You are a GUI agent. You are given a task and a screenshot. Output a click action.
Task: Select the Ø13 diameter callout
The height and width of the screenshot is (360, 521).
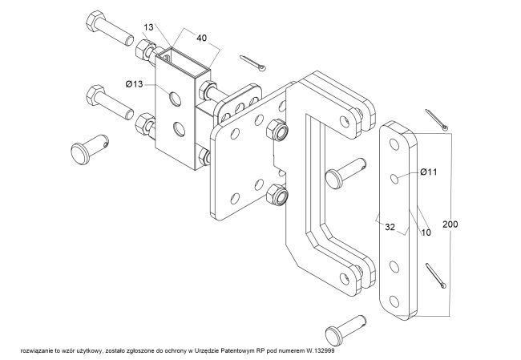click(x=134, y=83)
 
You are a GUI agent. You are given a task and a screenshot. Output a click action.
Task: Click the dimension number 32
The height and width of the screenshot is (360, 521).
click(x=390, y=228)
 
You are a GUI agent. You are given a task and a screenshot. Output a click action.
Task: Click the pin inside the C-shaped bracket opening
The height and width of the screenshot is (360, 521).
click(x=345, y=170)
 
